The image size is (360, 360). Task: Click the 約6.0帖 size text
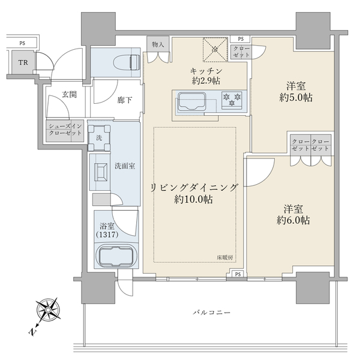[x=293, y=220]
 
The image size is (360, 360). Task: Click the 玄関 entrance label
[x=67, y=94]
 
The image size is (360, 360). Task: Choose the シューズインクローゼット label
[x=65, y=131]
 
